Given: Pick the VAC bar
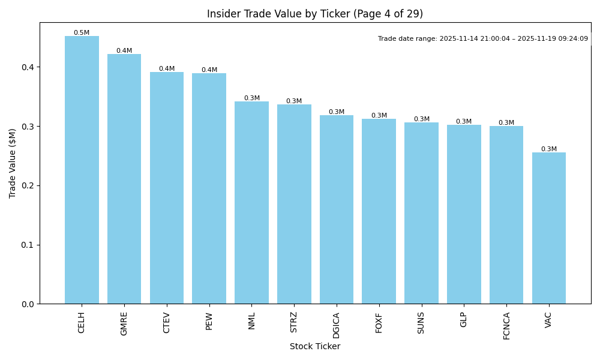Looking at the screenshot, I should pyautogui.click(x=549, y=228).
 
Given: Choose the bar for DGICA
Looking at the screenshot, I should pyautogui.click(x=337, y=209).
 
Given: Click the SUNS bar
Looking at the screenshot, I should pyautogui.click(x=421, y=213).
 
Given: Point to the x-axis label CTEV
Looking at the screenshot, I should pyautogui.click(x=167, y=322).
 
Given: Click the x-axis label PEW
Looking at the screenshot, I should pyautogui.click(x=209, y=321).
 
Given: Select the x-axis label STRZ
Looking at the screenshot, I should pyautogui.click(x=294, y=322).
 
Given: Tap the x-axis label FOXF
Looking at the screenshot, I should pyautogui.click(x=379, y=322).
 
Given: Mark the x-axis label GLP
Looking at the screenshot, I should pyautogui.click(x=464, y=320).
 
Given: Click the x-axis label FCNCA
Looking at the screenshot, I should pyautogui.click(x=506, y=326).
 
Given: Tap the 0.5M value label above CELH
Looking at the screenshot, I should pyautogui.click(x=82, y=33).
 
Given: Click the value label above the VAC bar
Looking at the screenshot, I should pyautogui.click(x=549, y=149).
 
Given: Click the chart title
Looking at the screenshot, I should pyautogui.click(x=315, y=14).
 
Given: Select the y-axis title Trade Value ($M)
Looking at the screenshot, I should pyautogui.click(x=13, y=163).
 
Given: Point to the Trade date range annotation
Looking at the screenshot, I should pyautogui.click(x=483, y=39).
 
